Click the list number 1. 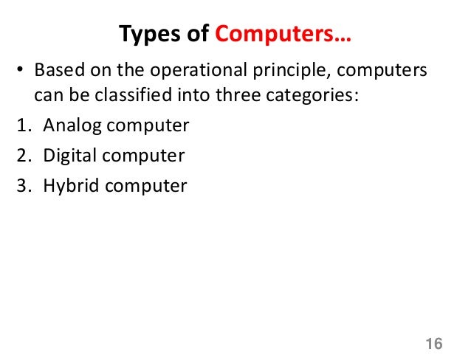coord(21,126)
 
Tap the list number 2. coord(22,156)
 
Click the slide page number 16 coord(434,344)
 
